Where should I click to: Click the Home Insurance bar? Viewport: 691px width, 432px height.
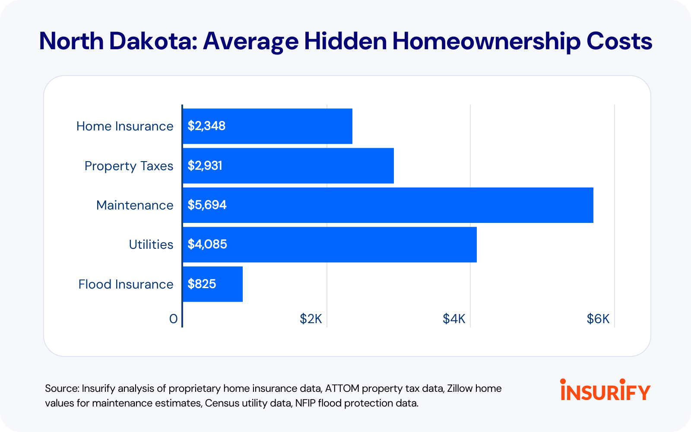click(x=267, y=126)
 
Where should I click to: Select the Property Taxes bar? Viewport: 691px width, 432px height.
click(x=288, y=166)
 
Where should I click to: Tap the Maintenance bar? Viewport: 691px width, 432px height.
click(x=388, y=205)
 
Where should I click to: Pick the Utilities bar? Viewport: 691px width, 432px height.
click(x=330, y=245)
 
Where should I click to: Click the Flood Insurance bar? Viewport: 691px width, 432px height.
click(x=212, y=284)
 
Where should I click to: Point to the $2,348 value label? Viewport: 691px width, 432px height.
click(x=206, y=126)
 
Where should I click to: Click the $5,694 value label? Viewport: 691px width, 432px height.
click(x=207, y=205)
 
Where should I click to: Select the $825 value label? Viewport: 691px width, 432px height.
click(x=202, y=284)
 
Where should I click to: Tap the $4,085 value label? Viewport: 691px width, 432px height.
click(x=207, y=245)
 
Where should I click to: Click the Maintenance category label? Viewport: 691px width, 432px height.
click(x=135, y=205)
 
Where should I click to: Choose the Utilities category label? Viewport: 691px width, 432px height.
click(x=151, y=245)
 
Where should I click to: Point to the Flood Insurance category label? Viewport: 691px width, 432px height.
click(x=126, y=284)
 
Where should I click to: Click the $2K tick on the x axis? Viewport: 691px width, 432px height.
click(x=311, y=319)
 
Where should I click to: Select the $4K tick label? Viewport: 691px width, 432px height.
click(x=454, y=319)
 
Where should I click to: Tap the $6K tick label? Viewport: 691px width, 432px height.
click(x=598, y=319)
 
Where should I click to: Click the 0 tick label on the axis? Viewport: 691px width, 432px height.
click(x=173, y=319)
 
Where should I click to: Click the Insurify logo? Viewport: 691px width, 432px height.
click(x=605, y=390)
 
